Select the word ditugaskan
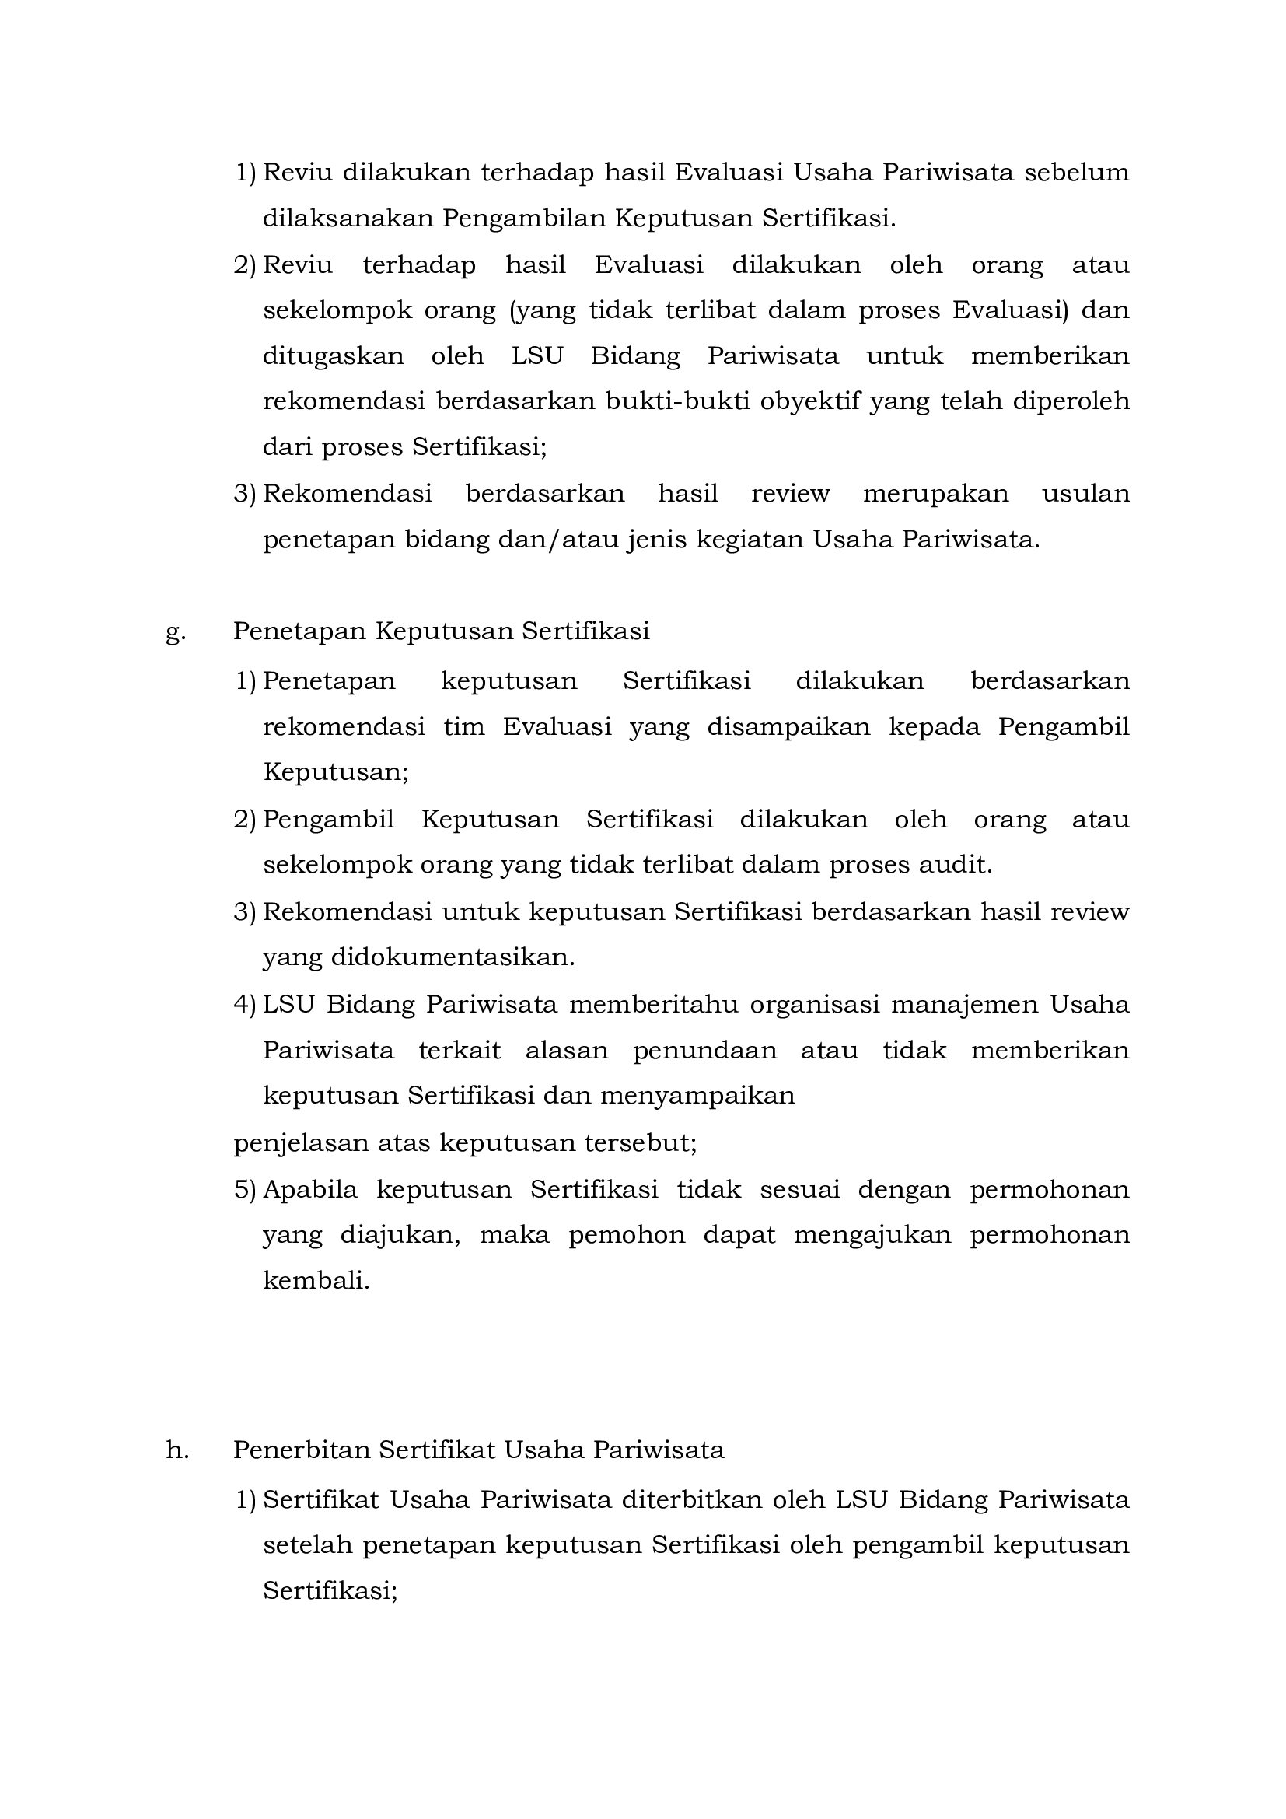click(x=334, y=355)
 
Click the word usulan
click(x=1085, y=494)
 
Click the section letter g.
click(x=175, y=632)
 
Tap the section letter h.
click(x=177, y=1450)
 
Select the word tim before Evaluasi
click(x=464, y=726)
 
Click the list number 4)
click(x=245, y=1005)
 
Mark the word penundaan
click(x=705, y=1051)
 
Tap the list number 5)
click(x=245, y=1190)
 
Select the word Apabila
click(x=310, y=1190)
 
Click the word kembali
click(x=316, y=1281)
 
